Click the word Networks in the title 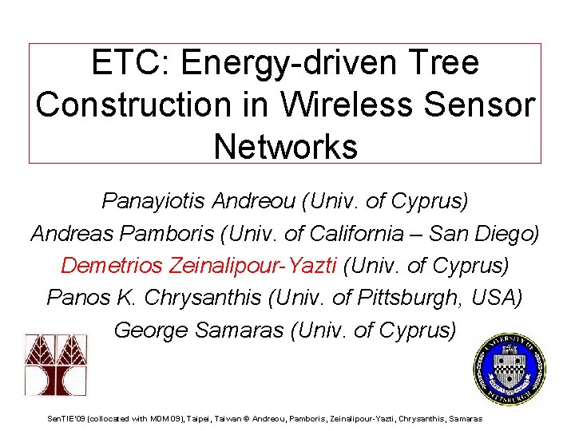click(x=285, y=146)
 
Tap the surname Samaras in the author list click(x=247, y=329)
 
